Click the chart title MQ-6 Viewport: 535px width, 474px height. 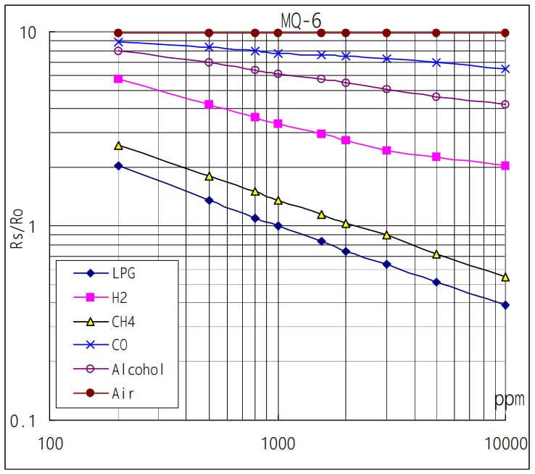pyautogui.click(x=301, y=20)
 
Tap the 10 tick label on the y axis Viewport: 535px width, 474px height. pyautogui.click(x=28, y=34)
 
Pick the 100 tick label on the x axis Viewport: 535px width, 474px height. pyautogui.click(x=51, y=442)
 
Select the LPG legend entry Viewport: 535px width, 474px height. pyautogui.click(x=123, y=273)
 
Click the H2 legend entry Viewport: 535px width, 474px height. pyautogui.click(x=119, y=297)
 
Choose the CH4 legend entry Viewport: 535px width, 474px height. pyautogui.click(x=123, y=321)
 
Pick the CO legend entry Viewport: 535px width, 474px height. pyautogui.click(x=119, y=345)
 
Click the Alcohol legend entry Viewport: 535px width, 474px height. pyautogui.click(x=138, y=369)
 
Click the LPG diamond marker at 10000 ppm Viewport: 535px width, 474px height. pyautogui.click(x=505, y=305)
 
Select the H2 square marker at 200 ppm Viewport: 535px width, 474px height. pyautogui.click(x=119, y=79)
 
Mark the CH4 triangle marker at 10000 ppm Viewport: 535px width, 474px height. pyautogui.click(x=505, y=277)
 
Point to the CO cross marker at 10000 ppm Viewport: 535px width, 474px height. pyautogui.click(x=505, y=69)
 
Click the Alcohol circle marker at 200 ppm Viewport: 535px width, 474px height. pyautogui.click(x=119, y=51)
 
